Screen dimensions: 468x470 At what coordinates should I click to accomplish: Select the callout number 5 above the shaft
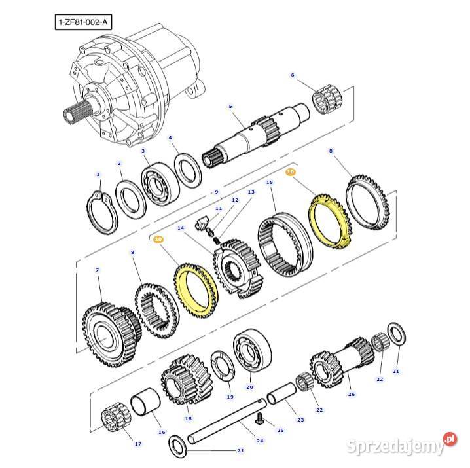[x=230, y=106]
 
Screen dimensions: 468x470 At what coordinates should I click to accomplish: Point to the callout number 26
[x=352, y=394]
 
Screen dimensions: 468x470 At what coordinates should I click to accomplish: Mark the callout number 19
[x=230, y=397]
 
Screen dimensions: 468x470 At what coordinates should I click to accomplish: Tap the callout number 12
[x=235, y=200]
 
